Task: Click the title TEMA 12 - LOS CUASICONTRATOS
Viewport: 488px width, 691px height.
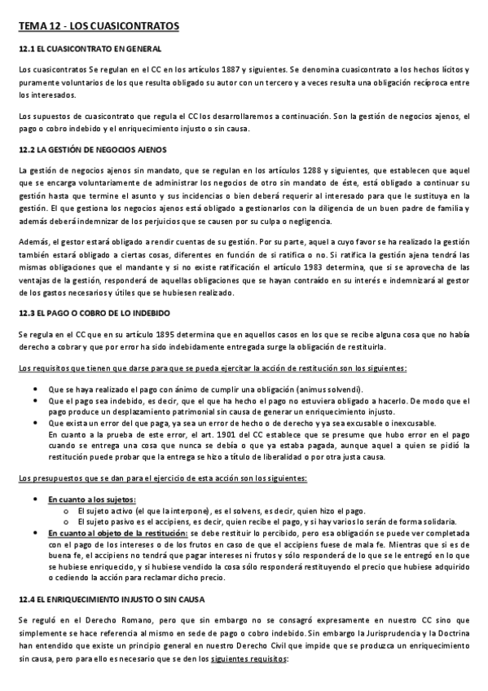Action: click(x=99, y=28)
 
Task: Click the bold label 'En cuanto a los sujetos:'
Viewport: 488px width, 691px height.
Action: click(x=91, y=498)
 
